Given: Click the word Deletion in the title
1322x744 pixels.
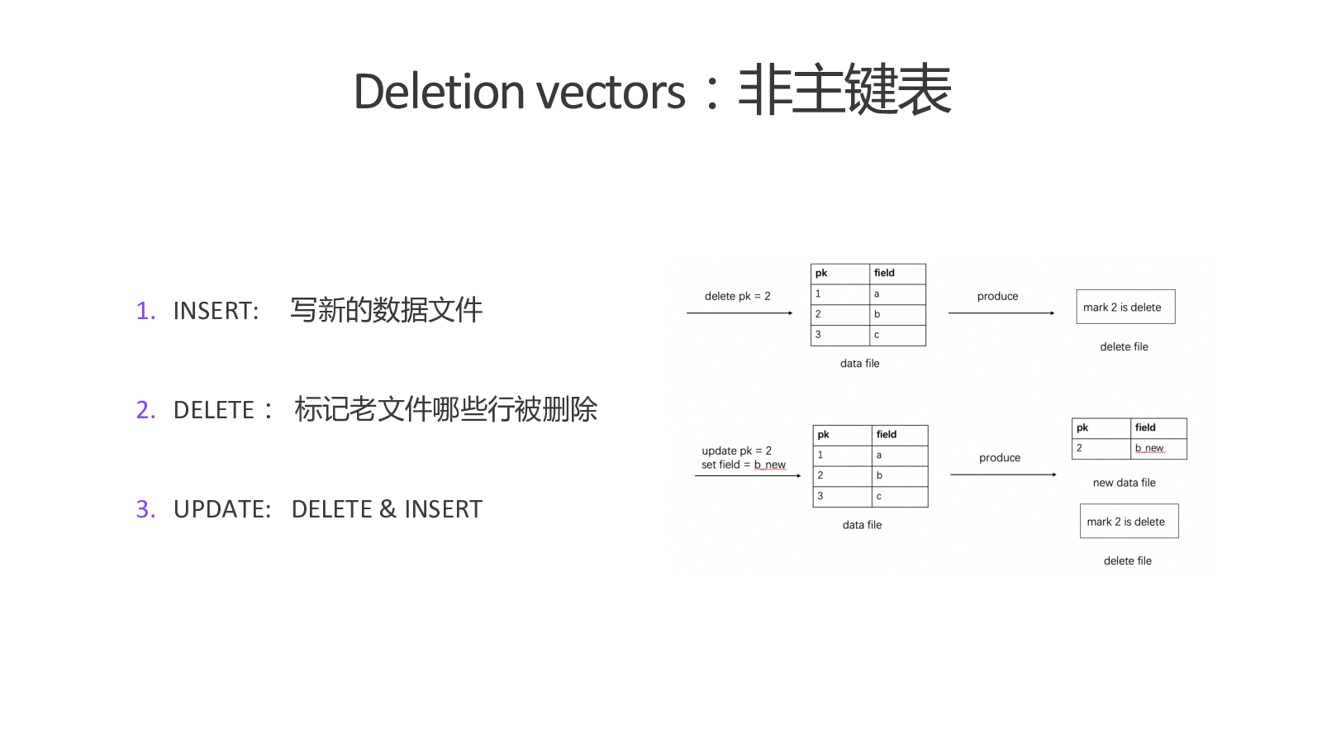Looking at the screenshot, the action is click(439, 92).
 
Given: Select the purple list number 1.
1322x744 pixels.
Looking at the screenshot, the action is click(145, 311).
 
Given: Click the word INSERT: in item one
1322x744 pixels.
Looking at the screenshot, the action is click(216, 311).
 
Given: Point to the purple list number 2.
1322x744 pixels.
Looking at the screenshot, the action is click(145, 410).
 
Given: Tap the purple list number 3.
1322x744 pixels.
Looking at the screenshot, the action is click(145, 509).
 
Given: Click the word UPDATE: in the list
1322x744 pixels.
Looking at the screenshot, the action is click(222, 509).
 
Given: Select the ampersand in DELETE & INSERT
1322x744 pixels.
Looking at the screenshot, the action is click(388, 509).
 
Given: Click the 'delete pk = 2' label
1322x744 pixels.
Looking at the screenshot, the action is click(737, 296).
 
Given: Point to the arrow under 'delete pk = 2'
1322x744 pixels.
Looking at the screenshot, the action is click(739, 313).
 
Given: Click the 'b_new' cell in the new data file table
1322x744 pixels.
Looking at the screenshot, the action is click(1158, 448).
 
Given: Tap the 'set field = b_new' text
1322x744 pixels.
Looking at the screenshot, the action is click(743, 465).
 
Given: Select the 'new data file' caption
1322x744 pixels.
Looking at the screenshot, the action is click(1124, 483).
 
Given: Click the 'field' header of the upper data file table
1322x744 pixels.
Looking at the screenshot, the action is click(897, 274).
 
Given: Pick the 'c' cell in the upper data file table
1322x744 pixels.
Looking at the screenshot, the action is click(897, 335).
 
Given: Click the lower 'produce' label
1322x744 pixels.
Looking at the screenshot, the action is click(999, 458).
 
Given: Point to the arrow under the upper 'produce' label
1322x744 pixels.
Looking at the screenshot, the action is click(1001, 313).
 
